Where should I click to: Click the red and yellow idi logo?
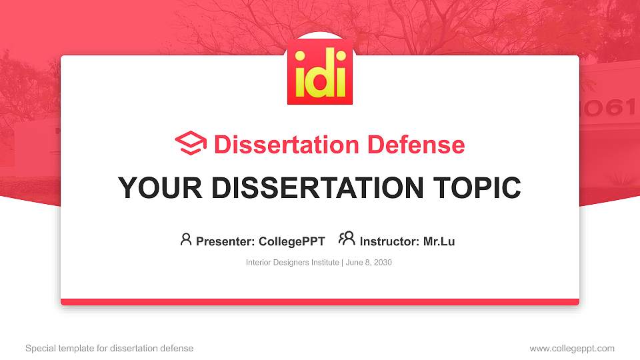tap(320, 73)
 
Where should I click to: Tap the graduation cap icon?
tap(191, 143)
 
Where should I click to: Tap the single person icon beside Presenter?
tap(186, 239)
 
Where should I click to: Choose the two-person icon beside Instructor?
tap(347, 239)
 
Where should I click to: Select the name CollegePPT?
tap(293, 241)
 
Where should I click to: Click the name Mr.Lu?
tap(439, 241)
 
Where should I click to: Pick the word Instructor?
tap(389, 241)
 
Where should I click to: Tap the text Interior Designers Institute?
tap(293, 263)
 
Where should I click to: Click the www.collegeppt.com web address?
tap(571, 348)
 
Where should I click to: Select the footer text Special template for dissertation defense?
tap(109, 348)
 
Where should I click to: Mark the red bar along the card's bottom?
tap(320, 302)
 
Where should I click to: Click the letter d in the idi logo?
tap(319, 74)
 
